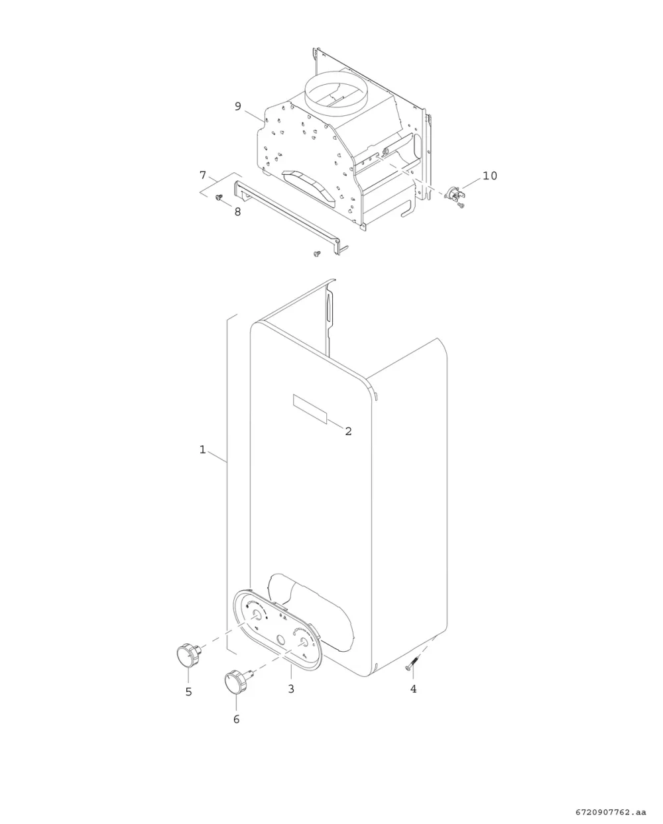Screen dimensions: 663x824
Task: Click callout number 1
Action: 203,450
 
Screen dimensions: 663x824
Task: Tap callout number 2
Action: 348,431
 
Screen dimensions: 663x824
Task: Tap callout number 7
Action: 203,175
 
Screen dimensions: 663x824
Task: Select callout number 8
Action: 237,212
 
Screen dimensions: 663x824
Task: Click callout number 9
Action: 238,106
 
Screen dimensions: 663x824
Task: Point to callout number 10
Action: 489,176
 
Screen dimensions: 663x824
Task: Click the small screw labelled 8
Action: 219,197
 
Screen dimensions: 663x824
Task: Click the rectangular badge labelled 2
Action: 310,409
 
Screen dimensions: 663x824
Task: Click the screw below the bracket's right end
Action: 317,254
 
